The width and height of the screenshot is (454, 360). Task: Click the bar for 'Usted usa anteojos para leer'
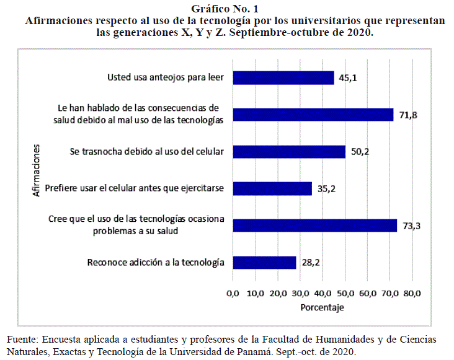pyautogui.click(x=283, y=77)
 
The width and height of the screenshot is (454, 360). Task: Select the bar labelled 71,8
pyautogui.click(x=313, y=115)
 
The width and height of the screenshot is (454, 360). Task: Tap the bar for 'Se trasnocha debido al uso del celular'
pyautogui.click(x=289, y=152)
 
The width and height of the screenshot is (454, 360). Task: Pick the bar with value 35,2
pyautogui.click(x=272, y=188)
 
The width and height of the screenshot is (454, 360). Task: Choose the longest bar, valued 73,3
pyautogui.click(x=315, y=226)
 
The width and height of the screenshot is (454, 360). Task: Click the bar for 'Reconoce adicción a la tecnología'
pyautogui.click(x=264, y=262)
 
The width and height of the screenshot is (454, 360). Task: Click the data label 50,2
pyautogui.click(x=360, y=152)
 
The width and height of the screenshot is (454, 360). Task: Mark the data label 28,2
pyautogui.click(x=310, y=262)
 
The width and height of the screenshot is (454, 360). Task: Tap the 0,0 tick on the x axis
pyautogui.click(x=233, y=292)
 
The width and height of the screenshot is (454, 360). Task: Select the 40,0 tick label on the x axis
pyautogui.click(x=323, y=292)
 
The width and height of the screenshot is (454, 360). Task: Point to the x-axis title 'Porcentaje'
pyautogui.click(x=322, y=307)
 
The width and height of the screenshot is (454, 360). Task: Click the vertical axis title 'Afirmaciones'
pyautogui.click(x=37, y=170)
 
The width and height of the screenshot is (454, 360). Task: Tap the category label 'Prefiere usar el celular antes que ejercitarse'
pyautogui.click(x=135, y=188)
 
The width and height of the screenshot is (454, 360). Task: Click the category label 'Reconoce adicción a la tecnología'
pyautogui.click(x=156, y=262)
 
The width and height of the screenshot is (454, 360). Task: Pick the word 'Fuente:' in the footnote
pyautogui.click(x=21, y=340)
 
